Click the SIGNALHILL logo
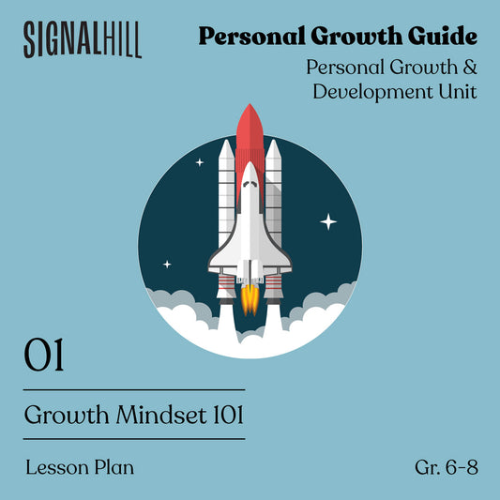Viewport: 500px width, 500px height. pos(83,39)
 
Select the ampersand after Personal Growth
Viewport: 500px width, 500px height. pos(470,68)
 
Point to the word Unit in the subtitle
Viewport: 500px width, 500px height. pos(458,91)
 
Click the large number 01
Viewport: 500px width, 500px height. pos(44,355)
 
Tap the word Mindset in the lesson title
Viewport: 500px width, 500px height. pos(161,415)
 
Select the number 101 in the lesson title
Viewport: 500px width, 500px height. pos(228,415)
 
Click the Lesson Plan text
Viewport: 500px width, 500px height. pos(80,467)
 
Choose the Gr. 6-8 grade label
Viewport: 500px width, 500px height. pos(447,467)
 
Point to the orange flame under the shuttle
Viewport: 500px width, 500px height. pos(250,300)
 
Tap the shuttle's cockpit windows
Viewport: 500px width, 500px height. pos(250,184)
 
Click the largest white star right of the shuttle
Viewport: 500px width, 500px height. pos(328,221)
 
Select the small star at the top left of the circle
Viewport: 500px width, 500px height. pos(200,162)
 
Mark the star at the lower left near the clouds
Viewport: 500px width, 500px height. pos(167,265)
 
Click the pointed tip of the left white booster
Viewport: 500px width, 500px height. pos(226,140)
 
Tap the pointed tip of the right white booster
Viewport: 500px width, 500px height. pos(273,140)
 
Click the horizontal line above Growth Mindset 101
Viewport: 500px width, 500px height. pos(134,389)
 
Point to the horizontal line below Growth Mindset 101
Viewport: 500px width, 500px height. pos(134,439)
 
